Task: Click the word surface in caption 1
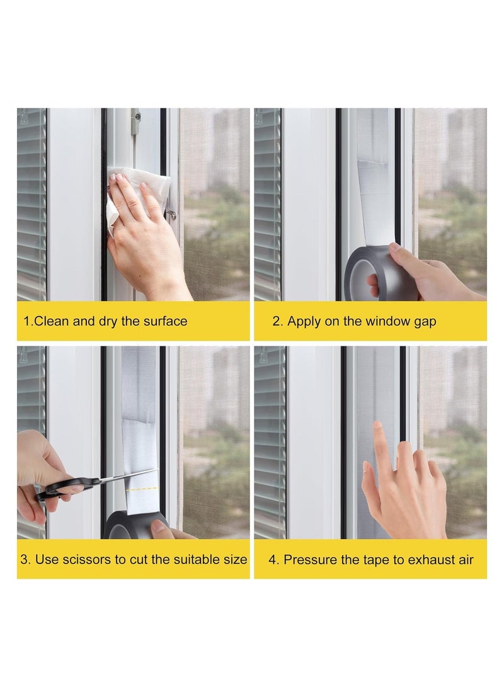point(164,321)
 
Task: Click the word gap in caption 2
point(424,321)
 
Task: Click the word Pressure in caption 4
point(307,559)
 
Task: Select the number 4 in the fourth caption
point(272,559)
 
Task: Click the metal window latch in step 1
point(134,116)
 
